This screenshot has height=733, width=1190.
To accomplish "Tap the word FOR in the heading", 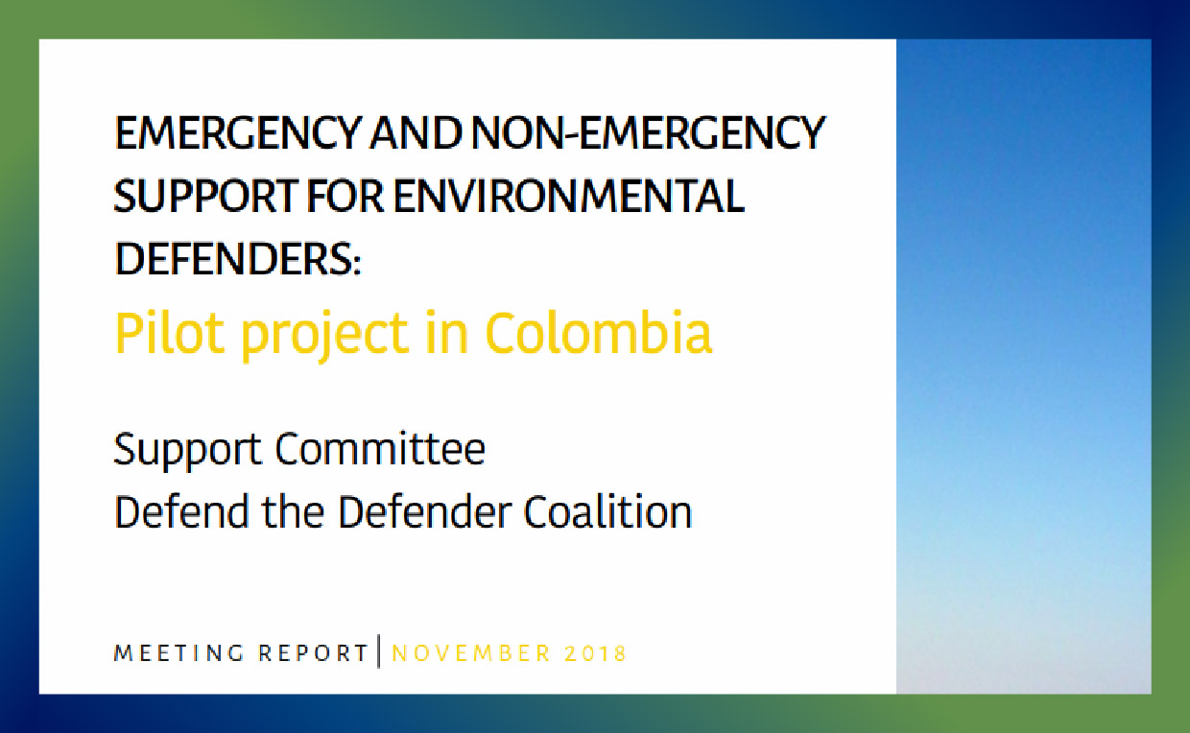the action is (x=345, y=196).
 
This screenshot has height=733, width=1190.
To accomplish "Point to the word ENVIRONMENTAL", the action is (x=568, y=196).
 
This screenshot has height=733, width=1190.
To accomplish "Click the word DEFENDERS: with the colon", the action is (x=238, y=259).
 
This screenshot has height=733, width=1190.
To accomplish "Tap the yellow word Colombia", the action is (x=598, y=333).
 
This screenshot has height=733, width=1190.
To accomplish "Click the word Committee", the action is (x=380, y=449).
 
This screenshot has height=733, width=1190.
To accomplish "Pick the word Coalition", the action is (x=607, y=512).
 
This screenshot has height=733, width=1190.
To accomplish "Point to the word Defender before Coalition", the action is (x=424, y=512).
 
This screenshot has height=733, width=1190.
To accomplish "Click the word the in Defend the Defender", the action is (x=293, y=512).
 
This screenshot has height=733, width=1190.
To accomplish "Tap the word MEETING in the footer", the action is (x=179, y=653).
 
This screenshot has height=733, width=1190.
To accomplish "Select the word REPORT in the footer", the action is (x=313, y=653).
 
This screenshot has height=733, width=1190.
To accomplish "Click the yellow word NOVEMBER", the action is (x=472, y=653).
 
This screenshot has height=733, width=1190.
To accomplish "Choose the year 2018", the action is (x=596, y=653).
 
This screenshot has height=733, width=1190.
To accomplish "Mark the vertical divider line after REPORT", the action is (x=379, y=651).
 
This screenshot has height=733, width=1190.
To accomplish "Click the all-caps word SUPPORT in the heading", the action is (x=206, y=196).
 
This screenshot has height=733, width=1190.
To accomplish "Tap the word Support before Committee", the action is (x=187, y=450).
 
